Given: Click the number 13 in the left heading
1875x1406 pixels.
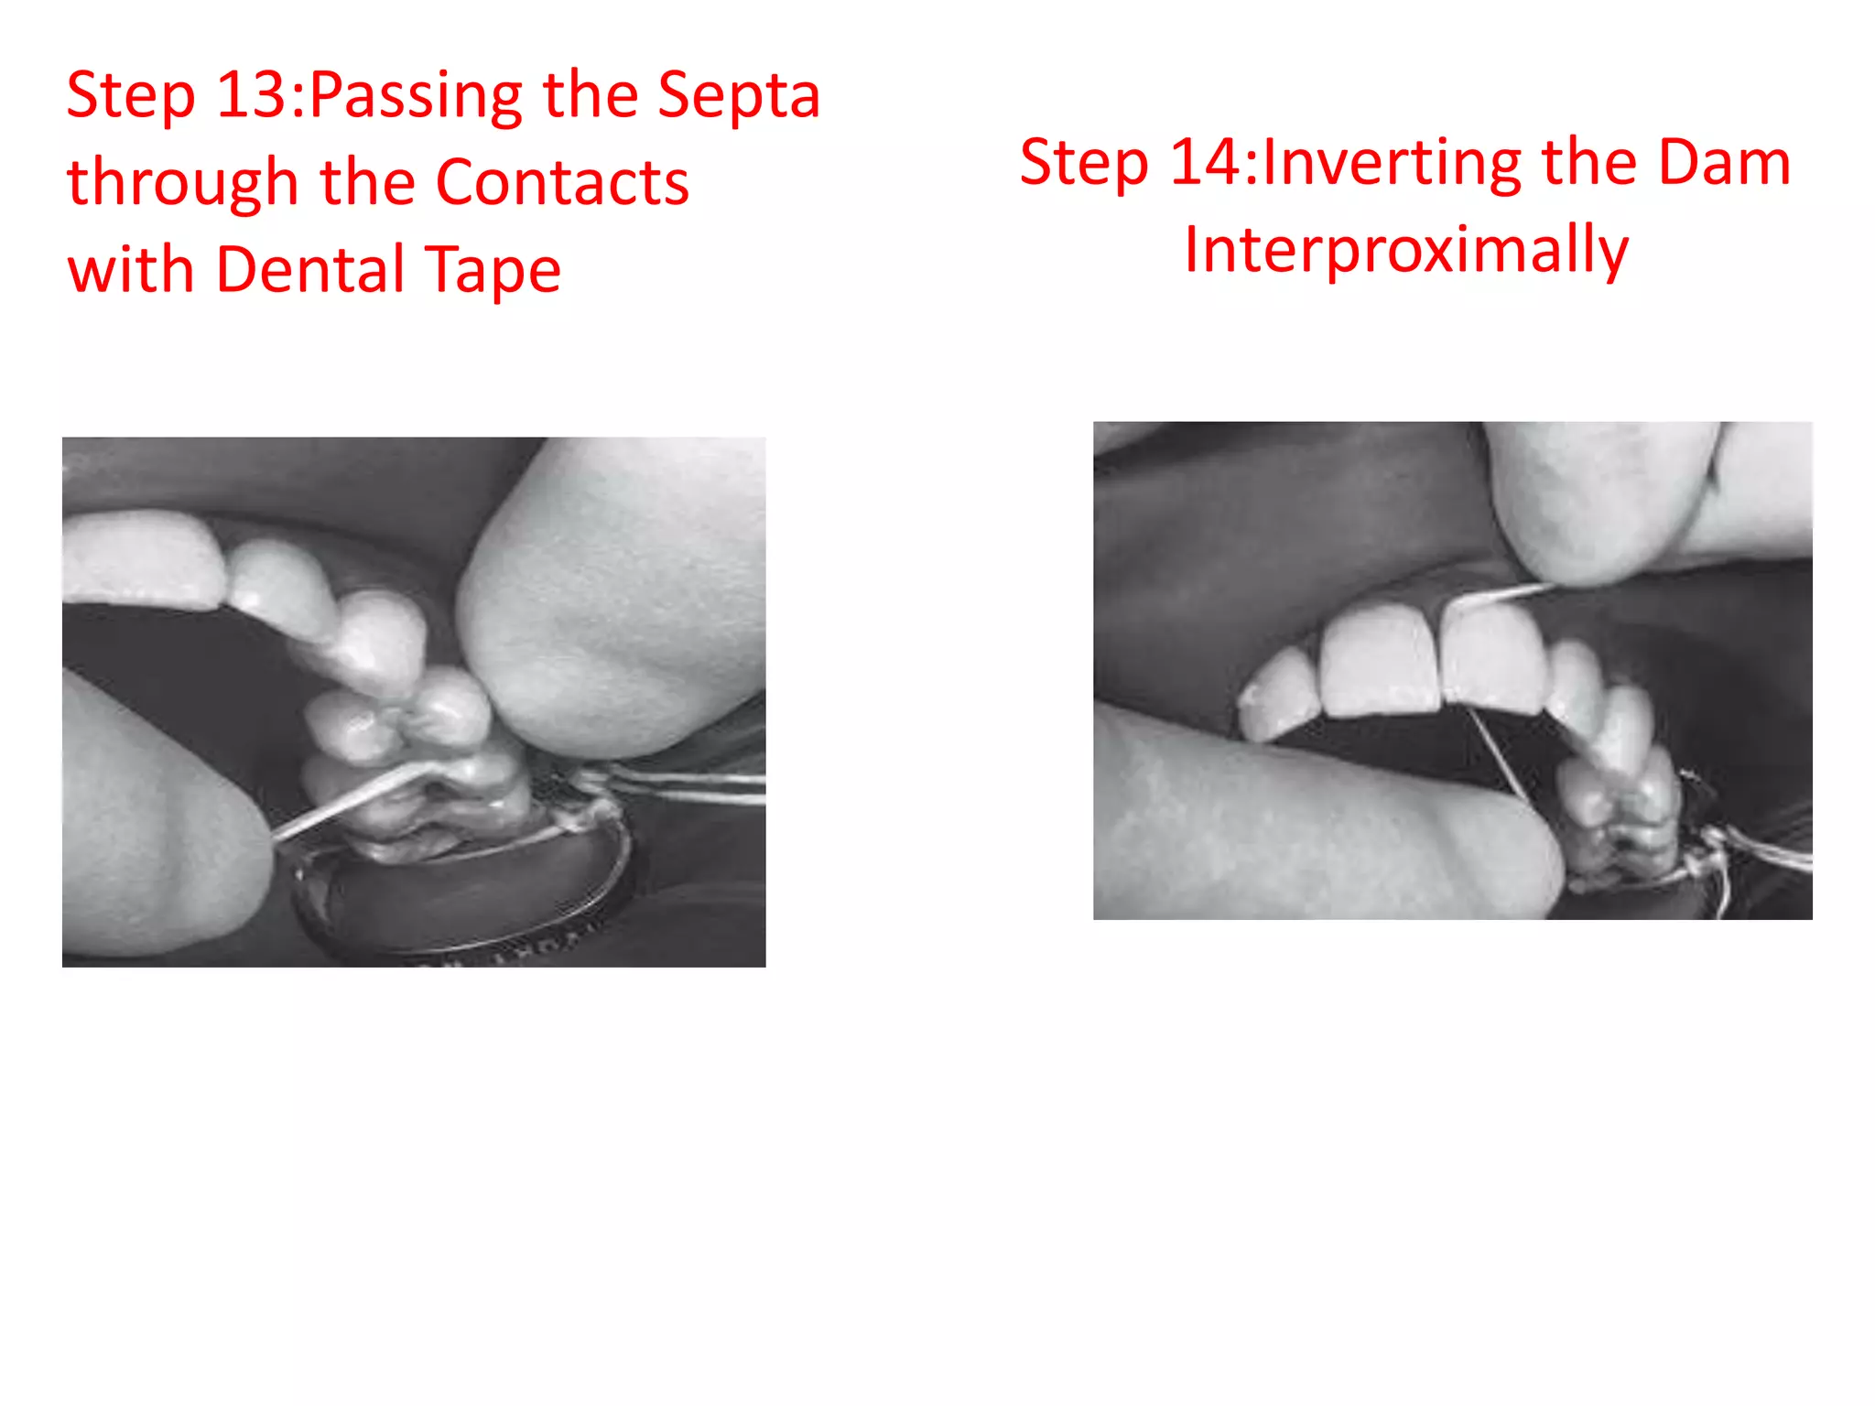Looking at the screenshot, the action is (251, 95).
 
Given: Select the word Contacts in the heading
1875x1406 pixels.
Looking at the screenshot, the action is (561, 182).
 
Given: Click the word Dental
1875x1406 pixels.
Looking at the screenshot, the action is (310, 268).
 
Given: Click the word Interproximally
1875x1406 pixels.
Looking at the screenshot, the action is (1406, 249).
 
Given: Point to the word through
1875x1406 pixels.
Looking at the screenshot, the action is (182, 181).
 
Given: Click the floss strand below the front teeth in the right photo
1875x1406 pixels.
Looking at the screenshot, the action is (1498, 755).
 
